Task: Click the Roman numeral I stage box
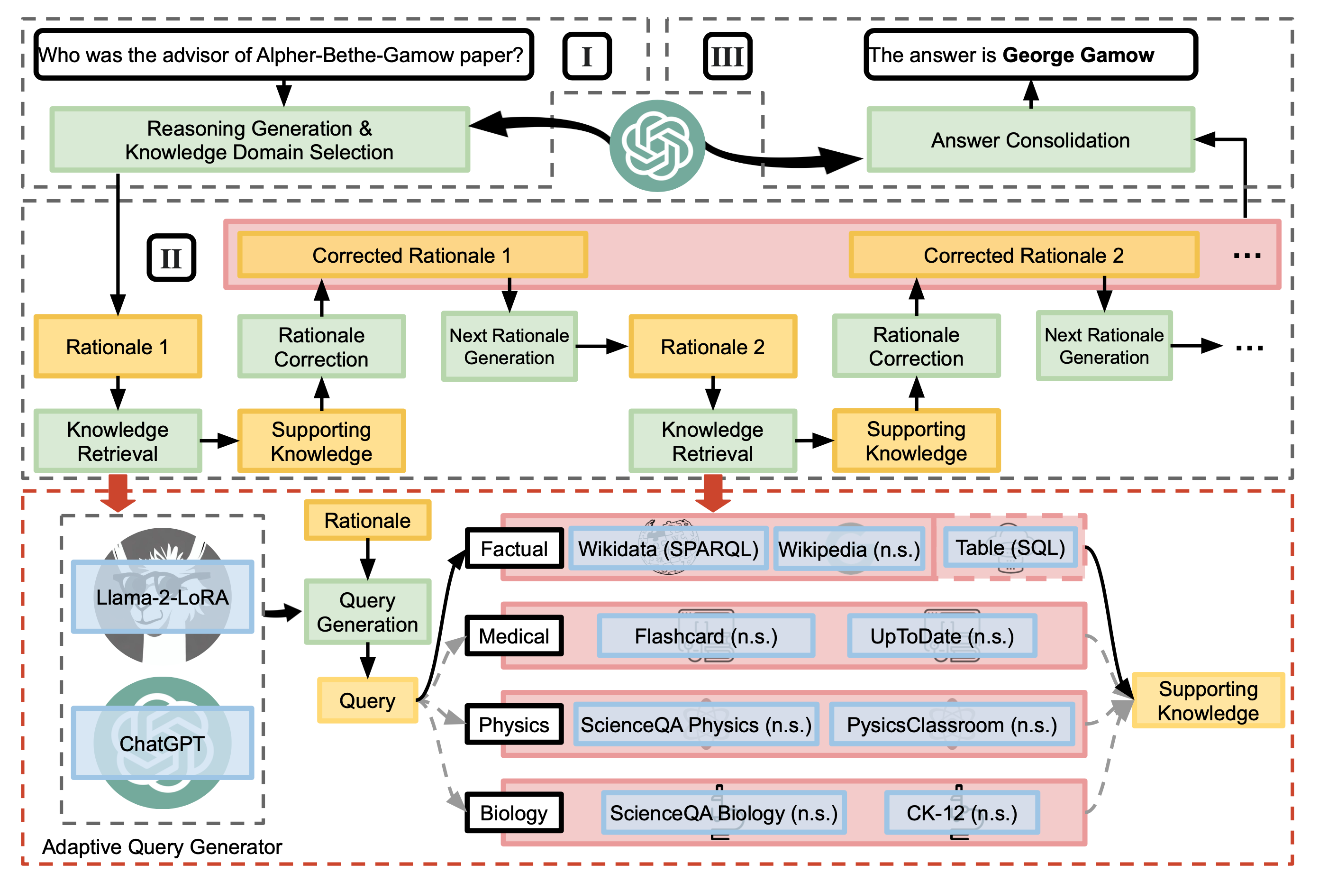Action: pyautogui.click(x=586, y=56)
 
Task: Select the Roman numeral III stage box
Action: pyautogui.click(x=727, y=56)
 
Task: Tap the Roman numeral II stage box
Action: pyautogui.click(x=171, y=258)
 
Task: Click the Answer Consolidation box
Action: pyautogui.click(x=1030, y=140)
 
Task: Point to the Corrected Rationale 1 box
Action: pyautogui.click(x=412, y=256)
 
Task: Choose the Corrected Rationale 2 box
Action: pyautogui.click(x=1023, y=256)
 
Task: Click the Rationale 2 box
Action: pyautogui.click(x=712, y=347)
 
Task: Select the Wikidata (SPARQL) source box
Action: pyautogui.click(x=668, y=549)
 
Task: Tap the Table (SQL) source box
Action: pyautogui.click(x=1010, y=547)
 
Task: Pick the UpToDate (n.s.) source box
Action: pyautogui.click(x=942, y=636)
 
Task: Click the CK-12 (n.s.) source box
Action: pyautogui.click(x=962, y=813)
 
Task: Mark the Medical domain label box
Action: pyautogui.click(x=514, y=636)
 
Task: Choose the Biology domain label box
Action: pyautogui.click(x=514, y=813)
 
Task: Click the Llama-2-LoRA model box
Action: pyautogui.click(x=163, y=597)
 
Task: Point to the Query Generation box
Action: pyautogui.click(x=367, y=612)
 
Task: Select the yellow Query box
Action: pyautogui.click(x=367, y=700)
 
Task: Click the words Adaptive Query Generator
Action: pyautogui.click(x=162, y=846)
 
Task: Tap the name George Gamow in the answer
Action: pyautogui.click(x=1078, y=55)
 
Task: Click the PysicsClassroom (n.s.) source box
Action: pyautogui.click(x=952, y=725)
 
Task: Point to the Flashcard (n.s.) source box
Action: pyautogui.click(x=706, y=636)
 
